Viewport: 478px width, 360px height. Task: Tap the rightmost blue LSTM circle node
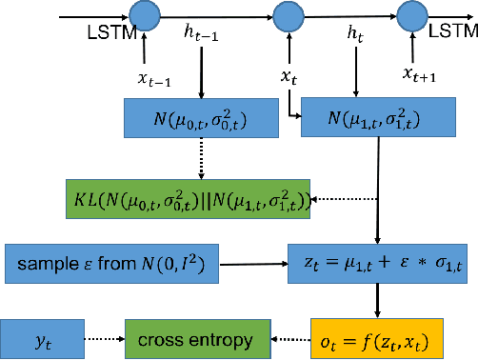410,16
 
